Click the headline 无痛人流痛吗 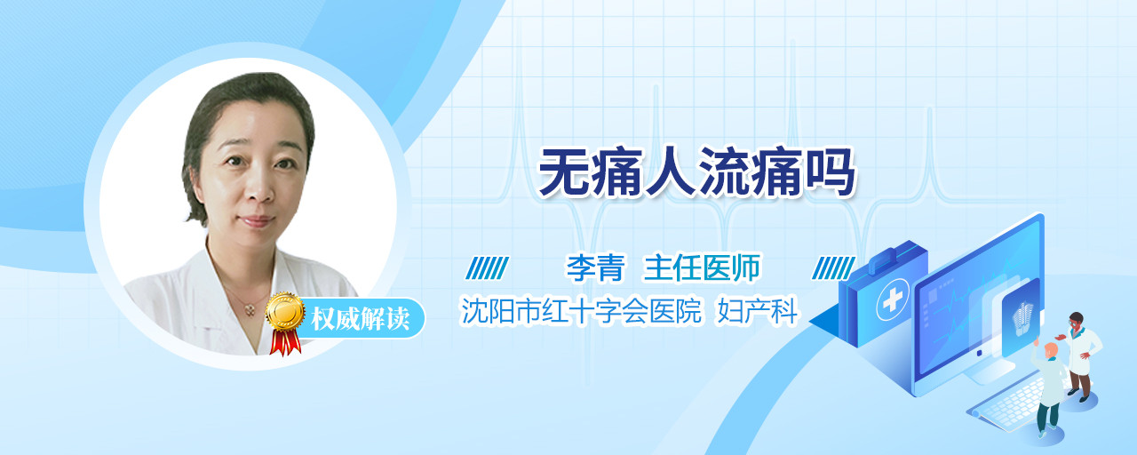(x=696, y=172)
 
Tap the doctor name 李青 (x=595, y=267)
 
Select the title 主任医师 (x=702, y=267)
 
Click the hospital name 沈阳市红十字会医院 (x=581, y=310)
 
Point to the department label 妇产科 (x=758, y=310)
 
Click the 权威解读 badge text (x=361, y=319)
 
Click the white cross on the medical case (x=893, y=299)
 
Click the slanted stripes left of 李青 (x=487, y=268)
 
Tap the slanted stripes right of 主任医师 (x=833, y=268)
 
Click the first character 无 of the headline (x=564, y=172)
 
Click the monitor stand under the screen (x=989, y=371)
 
